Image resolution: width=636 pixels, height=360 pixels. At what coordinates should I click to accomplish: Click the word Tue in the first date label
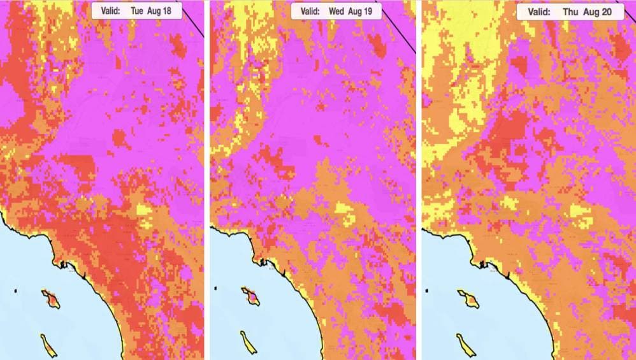coord(137,11)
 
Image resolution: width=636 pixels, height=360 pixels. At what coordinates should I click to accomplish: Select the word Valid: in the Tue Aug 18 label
coord(112,11)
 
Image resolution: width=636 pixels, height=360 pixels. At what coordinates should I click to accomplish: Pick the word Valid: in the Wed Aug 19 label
coord(310,11)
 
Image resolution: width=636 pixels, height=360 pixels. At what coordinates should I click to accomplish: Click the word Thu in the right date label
coord(571,12)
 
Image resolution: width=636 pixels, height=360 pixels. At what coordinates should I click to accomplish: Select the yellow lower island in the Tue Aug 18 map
coord(48,344)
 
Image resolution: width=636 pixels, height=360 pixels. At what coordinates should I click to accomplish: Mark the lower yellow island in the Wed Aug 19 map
coord(247,343)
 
